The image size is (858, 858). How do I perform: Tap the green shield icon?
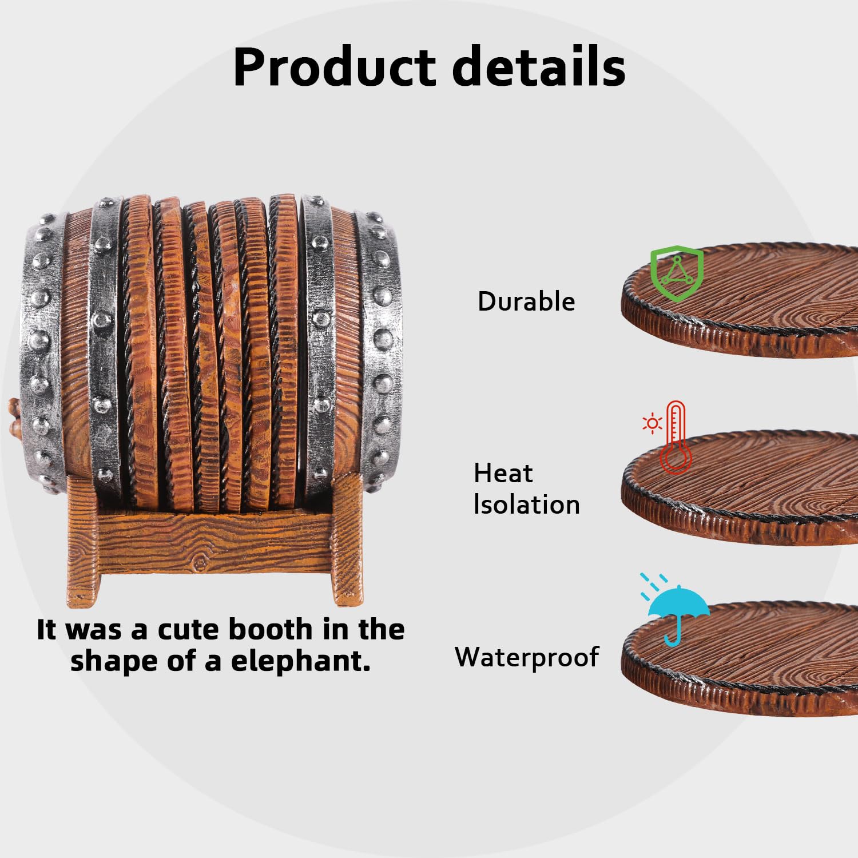click(x=677, y=273)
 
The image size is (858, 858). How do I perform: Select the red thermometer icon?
click(x=676, y=437)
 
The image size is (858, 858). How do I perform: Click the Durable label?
click(x=526, y=301)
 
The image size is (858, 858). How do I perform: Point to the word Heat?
click(x=503, y=473)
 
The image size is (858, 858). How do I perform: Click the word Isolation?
click(x=527, y=505)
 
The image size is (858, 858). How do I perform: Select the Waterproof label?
click(x=527, y=657)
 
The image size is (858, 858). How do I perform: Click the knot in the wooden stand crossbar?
click(x=201, y=563)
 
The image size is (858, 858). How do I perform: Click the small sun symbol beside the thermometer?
click(x=652, y=424)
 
